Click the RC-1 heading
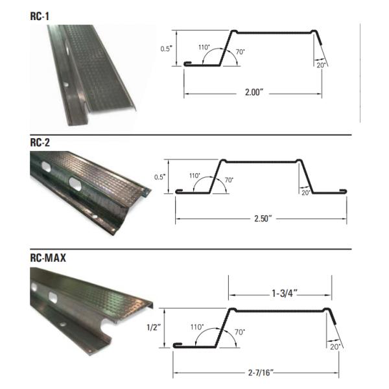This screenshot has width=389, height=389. (40, 16)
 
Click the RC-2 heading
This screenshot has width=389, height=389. (40, 143)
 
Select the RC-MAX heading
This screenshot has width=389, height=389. (48, 258)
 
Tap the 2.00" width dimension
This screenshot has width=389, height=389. (253, 92)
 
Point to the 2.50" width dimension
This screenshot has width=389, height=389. (263, 218)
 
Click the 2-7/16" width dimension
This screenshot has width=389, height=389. (261, 373)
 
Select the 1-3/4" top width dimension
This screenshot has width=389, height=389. (285, 294)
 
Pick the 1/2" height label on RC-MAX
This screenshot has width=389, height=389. (154, 327)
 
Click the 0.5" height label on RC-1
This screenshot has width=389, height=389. (166, 49)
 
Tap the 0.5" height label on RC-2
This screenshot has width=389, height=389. (159, 177)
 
